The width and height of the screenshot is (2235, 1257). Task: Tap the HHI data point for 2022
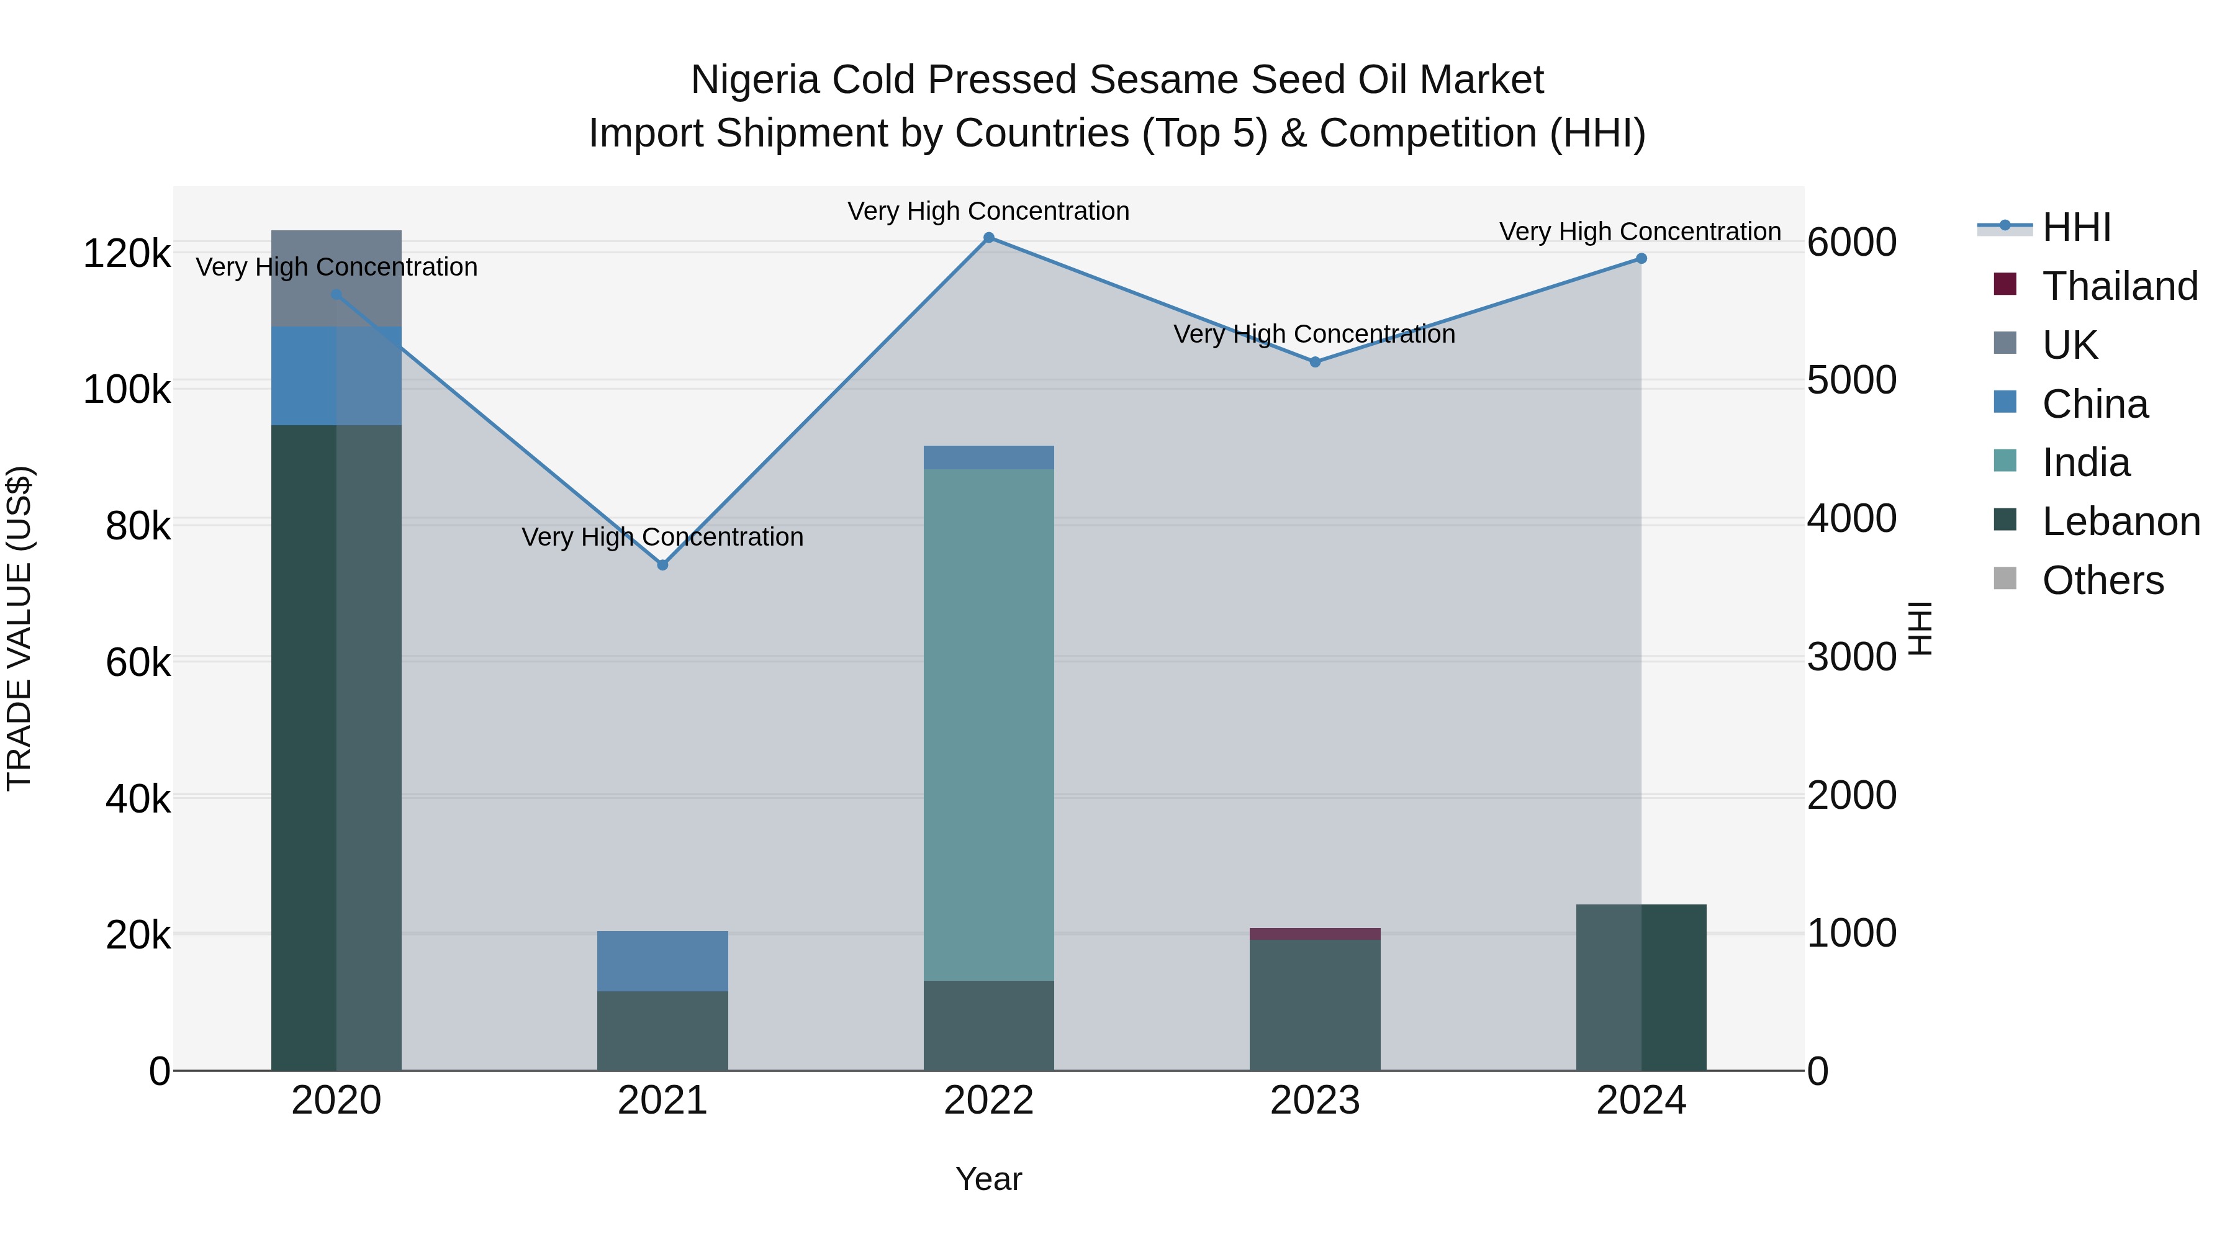point(988,238)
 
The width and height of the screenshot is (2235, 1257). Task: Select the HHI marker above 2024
point(1641,258)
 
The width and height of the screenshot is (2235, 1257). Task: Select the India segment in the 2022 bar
point(988,724)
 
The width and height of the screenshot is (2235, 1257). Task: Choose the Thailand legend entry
point(2120,286)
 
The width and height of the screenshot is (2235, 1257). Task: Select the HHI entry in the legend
point(2075,227)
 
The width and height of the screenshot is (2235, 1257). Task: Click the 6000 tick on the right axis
point(1851,242)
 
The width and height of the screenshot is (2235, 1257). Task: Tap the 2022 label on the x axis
point(988,1101)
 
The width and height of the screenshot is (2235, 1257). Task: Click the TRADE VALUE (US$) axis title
point(19,628)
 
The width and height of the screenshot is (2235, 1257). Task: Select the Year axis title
point(988,1179)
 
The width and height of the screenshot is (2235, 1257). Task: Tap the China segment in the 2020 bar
point(336,376)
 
